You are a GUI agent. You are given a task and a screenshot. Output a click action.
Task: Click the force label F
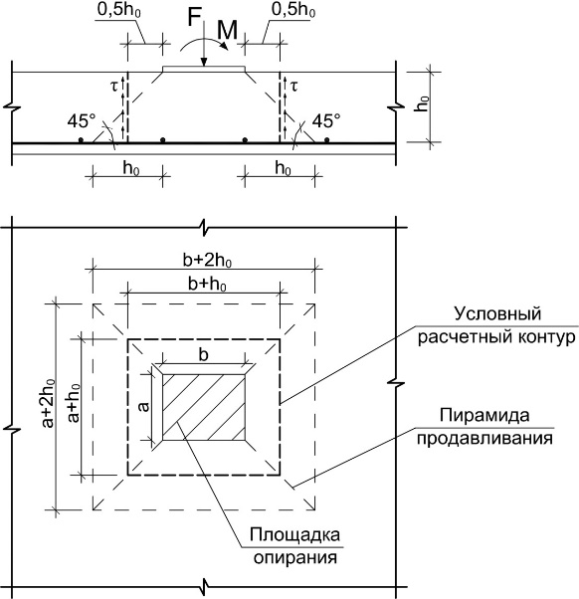tap(194, 18)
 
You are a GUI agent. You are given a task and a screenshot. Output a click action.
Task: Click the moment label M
tap(227, 31)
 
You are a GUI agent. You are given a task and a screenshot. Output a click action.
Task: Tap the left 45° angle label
tap(82, 121)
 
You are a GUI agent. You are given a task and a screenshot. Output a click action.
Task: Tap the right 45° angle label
tap(326, 121)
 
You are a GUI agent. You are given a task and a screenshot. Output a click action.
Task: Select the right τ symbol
tap(293, 87)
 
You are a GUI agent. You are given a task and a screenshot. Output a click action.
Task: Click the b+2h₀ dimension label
tap(207, 261)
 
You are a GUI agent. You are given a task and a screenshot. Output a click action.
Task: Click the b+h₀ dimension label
tap(207, 285)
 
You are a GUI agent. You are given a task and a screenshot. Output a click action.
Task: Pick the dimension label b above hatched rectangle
tap(204, 355)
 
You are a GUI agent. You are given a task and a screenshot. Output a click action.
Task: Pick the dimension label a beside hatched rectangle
tap(143, 407)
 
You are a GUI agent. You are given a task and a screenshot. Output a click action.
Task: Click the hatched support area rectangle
tap(204, 407)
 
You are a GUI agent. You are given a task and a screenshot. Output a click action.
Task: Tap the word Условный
tap(497, 314)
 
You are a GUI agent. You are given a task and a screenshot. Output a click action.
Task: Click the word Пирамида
tap(484, 415)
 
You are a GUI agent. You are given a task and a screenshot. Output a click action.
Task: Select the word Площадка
tap(294, 535)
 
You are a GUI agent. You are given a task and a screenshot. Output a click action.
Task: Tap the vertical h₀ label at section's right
tap(423, 103)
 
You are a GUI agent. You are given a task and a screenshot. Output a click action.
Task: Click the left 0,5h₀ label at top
tap(119, 10)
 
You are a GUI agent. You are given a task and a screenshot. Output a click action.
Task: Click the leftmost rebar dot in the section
tap(81, 140)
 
